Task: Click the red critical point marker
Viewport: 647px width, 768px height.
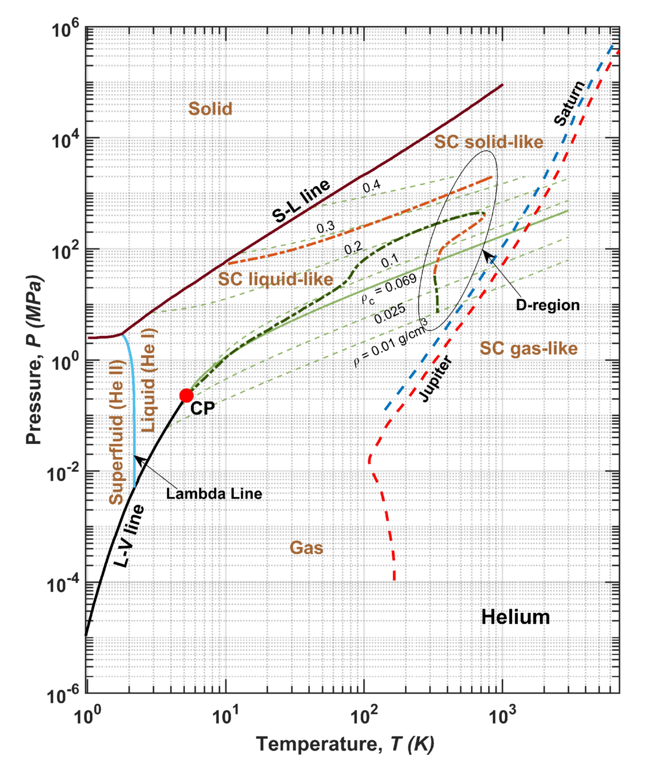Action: click(187, 395)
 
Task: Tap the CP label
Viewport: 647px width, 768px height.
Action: click(202, 408)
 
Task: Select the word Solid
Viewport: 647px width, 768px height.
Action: click(210, 109)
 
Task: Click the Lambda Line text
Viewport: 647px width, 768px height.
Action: click(214, 493)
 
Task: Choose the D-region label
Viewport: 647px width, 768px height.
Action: click(548, 305)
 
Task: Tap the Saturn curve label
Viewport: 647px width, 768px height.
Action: click(569, 103)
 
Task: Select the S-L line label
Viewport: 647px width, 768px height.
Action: click(301, 201)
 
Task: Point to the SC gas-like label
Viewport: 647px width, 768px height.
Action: click(529, 348)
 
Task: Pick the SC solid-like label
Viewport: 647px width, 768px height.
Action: click(489, 142)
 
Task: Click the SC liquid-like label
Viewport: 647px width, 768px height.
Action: click(276, 279)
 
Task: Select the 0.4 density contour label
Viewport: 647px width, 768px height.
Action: click(372, 187)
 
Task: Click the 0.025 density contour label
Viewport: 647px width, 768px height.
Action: click(390, 313)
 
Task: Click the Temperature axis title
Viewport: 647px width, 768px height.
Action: click(346, 744)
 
